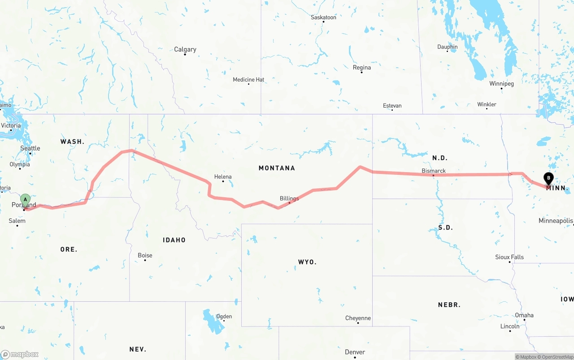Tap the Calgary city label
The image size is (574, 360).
tap(185, 49)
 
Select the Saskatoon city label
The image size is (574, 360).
tap(323, 17)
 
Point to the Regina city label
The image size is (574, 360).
tap(362, 68)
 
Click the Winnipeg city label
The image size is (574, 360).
tap(501, 84)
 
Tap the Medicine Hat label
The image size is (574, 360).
tap(248, 80)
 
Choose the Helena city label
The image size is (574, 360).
tap(223, 177)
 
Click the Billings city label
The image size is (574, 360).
tap(289, 199)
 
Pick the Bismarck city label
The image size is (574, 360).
tap(434, 171)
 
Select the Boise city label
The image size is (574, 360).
tap(145, 256)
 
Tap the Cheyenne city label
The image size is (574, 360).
tap(358, 318)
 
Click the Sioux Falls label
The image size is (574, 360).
tap(509, 257)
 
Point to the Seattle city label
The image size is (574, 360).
tap(30, 148)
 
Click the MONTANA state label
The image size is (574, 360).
tap(277, 168)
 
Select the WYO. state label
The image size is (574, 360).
tap(307, 262)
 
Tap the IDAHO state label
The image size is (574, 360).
tap(174, 240)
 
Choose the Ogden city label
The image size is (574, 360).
tap(224, 317)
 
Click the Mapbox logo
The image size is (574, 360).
tap(20, 354)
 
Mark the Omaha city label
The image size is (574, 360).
tap(524, 316)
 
